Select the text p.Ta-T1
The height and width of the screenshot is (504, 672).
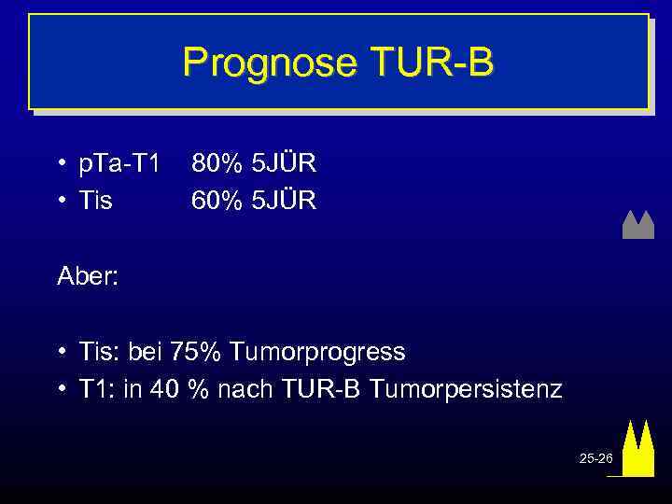(x=119, y=164)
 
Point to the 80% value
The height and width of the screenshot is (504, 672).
(x=213, y=164)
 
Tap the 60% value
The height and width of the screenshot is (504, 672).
(x=213, y=200)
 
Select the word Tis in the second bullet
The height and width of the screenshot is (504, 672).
(x=95, y=200)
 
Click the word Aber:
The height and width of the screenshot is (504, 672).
(x=88, y=276)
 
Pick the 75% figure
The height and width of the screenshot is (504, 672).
(x=199, y=352)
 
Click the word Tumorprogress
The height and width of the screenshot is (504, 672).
(x=317, y=352)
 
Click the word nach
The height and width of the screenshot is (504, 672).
(x=242, y=388)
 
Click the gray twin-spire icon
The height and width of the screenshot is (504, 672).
(x=637, y=225)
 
